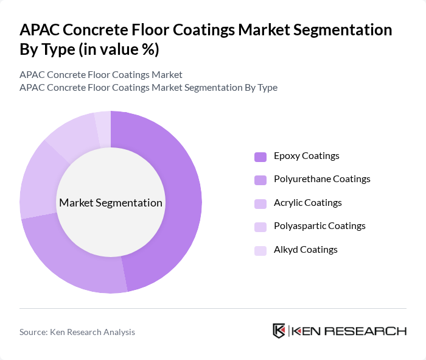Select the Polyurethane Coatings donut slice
pos(73,262)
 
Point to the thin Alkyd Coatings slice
pos(103,121)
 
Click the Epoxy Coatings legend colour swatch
pos(260,157)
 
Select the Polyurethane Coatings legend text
pos(322,179)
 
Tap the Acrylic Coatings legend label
pos(307,203)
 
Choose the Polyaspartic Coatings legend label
pos(319,226)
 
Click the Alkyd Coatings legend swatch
pos(260,250)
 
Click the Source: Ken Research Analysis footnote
pos(77,332)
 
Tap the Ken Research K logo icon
pos(279,331)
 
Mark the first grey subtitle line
pos(101,74)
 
